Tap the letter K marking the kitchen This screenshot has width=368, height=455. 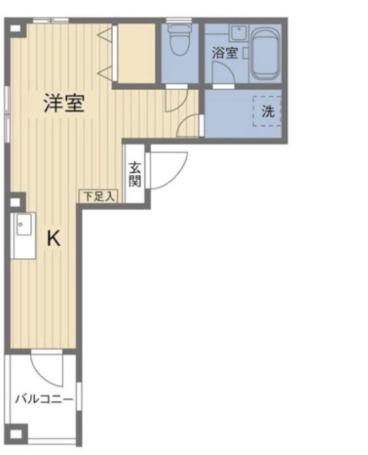[x=53, y=240]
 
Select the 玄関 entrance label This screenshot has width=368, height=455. [x=134, y=174]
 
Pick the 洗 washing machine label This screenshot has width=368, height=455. [x=267, y=111]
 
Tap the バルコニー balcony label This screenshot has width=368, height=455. [x=44, y=399]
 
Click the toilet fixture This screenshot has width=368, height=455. [x=180, y=41]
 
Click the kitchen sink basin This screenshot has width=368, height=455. [x=22, y=227]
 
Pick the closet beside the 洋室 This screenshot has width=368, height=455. [x=135, y=53]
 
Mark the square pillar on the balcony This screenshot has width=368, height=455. [x=18, y=432]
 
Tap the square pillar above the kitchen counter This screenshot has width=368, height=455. [x=16, y=201]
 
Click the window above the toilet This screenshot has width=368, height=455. [x=178, y=21]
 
